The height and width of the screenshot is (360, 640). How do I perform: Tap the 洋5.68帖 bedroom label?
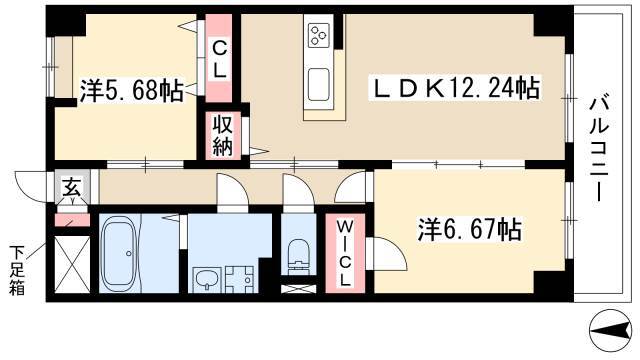pos(131,92)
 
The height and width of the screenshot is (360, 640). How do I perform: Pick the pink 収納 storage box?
pos(220,135)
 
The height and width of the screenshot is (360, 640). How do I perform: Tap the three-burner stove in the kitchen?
pos(323,37)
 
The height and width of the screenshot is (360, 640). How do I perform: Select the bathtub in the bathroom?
pos(123,253)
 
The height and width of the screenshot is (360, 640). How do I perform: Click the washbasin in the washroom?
pos(208,277)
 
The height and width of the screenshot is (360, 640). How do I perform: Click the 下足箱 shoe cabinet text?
pos(18,270)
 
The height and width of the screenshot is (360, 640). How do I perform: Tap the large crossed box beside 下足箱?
pos(70,263)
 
